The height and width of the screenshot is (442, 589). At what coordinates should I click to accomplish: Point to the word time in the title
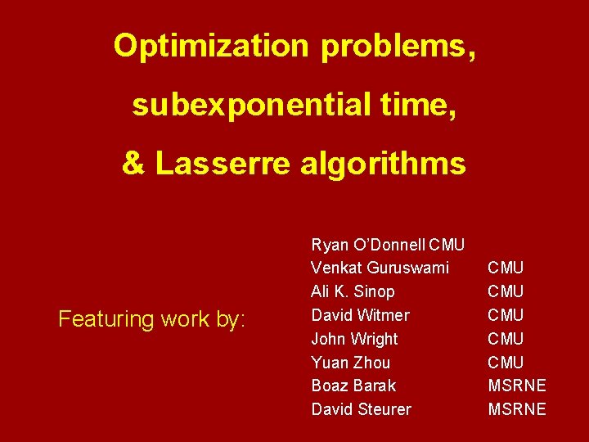coord(415,106)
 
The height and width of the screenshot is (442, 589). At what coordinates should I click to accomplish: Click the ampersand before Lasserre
coord(133,164)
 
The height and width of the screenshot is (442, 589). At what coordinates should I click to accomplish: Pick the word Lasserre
coord(223,164)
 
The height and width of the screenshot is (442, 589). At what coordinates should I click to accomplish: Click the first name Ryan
coord(327,245)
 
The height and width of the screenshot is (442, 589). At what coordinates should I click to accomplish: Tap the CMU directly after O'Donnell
coord(447,245)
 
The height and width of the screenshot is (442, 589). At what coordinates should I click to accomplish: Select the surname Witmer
coord(384,315)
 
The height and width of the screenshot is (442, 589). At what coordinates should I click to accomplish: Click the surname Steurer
coord(384,409)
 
